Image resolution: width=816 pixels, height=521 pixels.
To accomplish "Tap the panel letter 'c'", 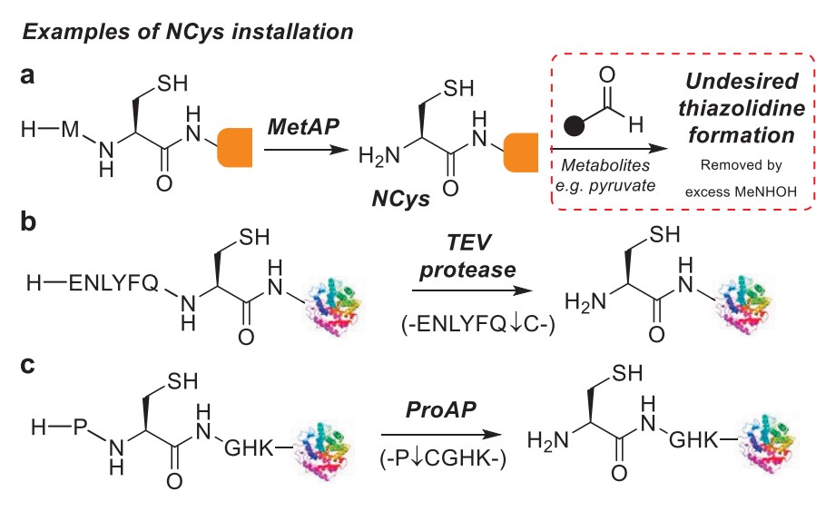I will point(28,366).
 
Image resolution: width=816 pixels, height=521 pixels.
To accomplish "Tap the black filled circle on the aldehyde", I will point(574,125).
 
